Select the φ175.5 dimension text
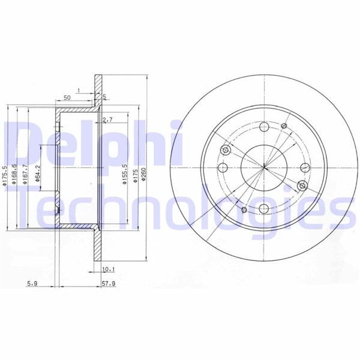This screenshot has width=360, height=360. [5, 178]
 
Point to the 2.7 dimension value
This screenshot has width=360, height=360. [108, 120]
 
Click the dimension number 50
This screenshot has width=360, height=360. [67, 97]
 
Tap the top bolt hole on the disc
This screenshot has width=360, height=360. [264, 127]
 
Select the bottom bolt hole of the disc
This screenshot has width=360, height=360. [264, 208]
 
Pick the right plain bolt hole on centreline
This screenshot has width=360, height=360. [305, 167]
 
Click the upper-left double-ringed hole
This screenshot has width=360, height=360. [225, 151]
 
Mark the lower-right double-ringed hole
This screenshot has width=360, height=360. [302, 185]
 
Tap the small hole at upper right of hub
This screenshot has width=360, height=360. [284, 126]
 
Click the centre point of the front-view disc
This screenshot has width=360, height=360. [264, 167]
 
